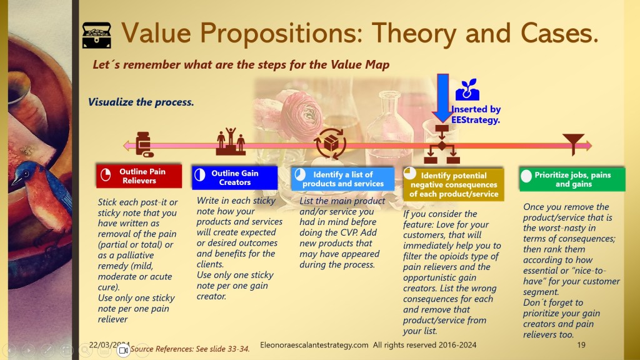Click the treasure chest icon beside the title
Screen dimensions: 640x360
[x=96, y=35]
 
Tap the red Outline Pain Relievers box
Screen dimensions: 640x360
[x=139, y=176]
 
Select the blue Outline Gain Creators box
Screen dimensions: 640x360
[x=235, y=177]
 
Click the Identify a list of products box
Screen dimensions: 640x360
[x=343, y=179]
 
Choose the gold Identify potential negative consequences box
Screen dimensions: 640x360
[x=454, y=184]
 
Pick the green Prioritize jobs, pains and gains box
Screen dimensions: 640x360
[x=572, y=179]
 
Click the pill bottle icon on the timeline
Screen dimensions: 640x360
[x=144, y=144]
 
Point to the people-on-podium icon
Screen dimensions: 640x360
[x=231, y=141]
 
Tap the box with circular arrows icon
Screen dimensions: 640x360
[x=330, y=144]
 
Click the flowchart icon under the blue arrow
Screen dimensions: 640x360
[x=442, y=144]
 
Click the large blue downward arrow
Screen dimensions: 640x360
[x=442, y=98]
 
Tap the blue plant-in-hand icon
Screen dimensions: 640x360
[x=467, y=89]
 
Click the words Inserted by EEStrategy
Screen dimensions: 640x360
[x=476, y=115]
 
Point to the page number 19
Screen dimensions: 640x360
[x=581, y=345]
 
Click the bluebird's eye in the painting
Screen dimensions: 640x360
[x=25, y=174]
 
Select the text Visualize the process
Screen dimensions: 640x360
[x=141, y=102]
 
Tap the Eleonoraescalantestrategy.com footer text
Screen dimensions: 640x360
[x=314, y=345]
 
